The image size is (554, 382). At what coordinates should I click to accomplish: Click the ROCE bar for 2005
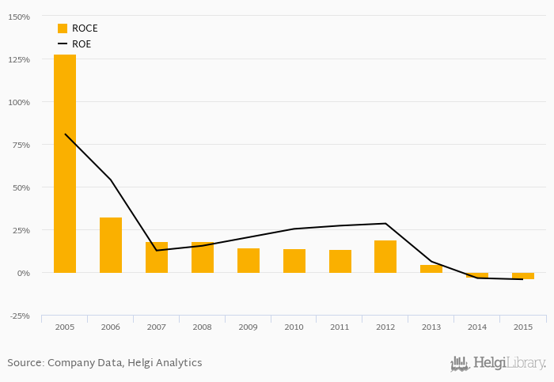[65, 164]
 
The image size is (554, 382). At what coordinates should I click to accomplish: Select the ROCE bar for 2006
[111, 245]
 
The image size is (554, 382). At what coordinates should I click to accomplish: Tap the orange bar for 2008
[203, 257]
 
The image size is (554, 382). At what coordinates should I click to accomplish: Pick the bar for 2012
[385, 256]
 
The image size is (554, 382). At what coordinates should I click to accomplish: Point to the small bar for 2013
[431, 269]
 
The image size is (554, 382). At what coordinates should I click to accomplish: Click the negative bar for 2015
[523, 276]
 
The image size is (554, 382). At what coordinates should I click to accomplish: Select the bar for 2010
[294, 261]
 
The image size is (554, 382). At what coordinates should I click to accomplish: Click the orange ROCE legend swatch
[63, 28]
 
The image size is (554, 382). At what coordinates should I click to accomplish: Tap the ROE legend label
[82, 44]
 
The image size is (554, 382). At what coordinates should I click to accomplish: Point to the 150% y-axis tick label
[18, 17]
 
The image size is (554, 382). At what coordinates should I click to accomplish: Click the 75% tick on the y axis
[21, 145]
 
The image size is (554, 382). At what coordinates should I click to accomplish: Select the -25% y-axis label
[19, 316]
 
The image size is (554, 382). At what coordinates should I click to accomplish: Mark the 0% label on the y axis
[23, 273]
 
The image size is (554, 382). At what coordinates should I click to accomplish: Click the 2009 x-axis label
[249, 326]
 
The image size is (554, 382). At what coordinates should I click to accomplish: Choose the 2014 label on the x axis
[477, 326]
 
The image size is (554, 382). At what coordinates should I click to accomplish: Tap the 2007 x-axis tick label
[157, 326]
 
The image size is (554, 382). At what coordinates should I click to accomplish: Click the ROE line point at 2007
[157, 251]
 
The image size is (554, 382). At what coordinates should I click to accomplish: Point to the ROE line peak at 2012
[385, 224]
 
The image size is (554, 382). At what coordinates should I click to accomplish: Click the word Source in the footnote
[25, 363]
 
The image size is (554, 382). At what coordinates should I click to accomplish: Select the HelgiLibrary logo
[499, 364]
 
